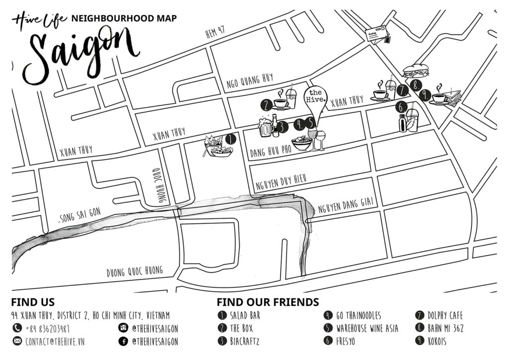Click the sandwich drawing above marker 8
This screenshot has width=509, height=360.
coord(413,71)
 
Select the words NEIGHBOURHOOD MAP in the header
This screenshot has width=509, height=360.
coord(124,19)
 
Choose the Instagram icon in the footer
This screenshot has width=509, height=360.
coord(123,328)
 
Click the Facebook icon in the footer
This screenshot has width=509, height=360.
coord(123,341)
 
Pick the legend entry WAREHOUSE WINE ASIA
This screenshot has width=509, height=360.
coord(365,328)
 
